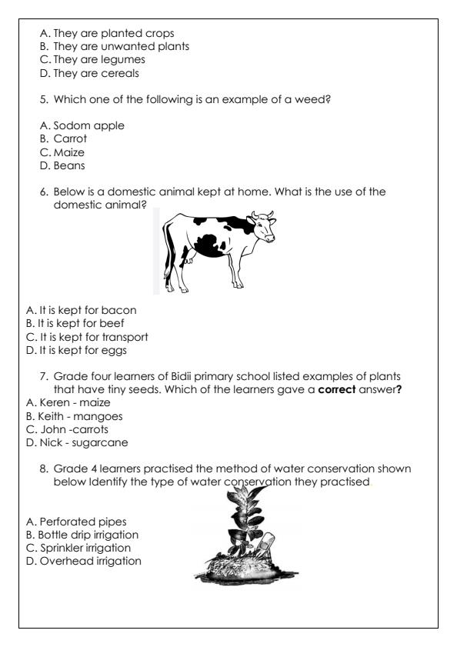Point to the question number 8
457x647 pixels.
43,469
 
